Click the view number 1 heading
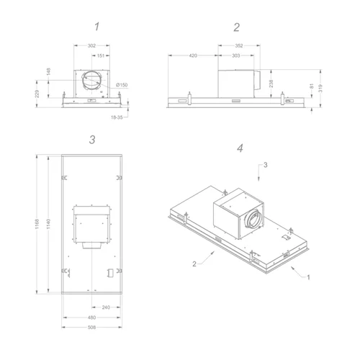coord(96,27)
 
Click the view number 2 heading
coord(236,27)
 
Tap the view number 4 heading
coord(240,148)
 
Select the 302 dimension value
coord(91,45)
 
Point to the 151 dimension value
coord(101,55)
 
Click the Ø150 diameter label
coord(122,85)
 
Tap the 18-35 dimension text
coord(117,117)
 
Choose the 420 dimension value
coord(193,55)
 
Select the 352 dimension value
coord(239,45)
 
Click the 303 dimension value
coord(236,55)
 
